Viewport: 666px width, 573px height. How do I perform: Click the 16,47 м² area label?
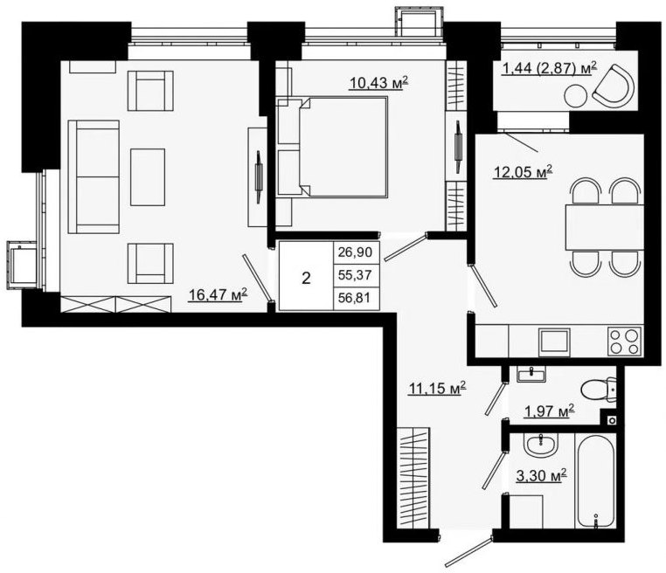(x=218, y=294)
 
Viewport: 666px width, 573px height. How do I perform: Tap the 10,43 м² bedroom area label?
(x=378, y=82)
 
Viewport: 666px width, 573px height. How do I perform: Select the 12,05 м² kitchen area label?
(x=523, y=172)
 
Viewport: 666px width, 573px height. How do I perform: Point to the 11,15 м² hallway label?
(x=437, y=388)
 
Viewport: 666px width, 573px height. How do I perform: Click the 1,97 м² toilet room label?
(x=550, y=411)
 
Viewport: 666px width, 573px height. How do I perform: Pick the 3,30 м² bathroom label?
(x=542, y=476)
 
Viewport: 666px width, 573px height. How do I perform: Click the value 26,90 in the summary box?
(x=355, y=252)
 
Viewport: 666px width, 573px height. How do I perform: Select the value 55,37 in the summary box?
(x=355, y=275)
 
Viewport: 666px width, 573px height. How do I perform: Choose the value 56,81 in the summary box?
(x=355, y=298)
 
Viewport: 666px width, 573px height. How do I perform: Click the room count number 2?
(x=306, y=279)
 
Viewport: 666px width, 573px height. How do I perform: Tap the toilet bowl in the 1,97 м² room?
(x=598, y=390)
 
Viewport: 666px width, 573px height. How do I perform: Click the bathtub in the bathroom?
(x=595, y=481)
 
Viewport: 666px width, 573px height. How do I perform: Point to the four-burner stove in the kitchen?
(x=625, y=342)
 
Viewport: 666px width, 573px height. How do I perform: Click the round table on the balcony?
(x=576, y=96)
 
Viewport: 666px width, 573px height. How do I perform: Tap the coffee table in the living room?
(x=148, y=177)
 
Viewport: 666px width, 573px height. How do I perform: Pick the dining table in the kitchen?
(x=605, y=227)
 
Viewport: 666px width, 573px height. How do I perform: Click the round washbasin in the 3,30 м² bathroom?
(x=541, y=445)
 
